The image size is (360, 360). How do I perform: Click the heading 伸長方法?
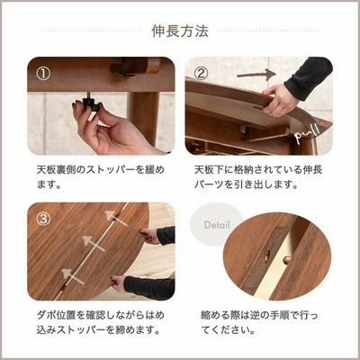pos(180,31)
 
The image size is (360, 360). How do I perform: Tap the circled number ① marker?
pos(43,74)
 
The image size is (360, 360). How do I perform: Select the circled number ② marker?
pos(202,74)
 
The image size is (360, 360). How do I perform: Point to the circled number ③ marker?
pos(43,220)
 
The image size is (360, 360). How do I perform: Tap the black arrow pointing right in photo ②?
pos(256,75)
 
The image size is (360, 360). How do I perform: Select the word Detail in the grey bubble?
pos(217,225)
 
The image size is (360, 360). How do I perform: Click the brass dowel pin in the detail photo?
pos(287,260)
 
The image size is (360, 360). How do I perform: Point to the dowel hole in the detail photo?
pos(266,256)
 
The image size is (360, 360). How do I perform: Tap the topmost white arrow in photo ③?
pos(115,218)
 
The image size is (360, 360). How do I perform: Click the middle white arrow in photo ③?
pos(94,243)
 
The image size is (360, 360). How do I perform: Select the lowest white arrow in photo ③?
pos(73,276)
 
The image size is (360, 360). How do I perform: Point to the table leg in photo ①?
pos(143,118)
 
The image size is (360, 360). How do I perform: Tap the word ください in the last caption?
pos(228,330)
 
